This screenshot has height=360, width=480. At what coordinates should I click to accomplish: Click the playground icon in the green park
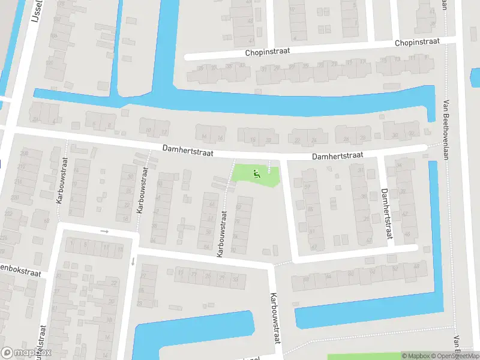[x=257, y=175]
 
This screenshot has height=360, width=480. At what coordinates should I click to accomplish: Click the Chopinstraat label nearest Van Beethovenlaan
[x=417, y=43]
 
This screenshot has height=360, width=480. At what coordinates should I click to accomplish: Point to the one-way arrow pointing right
[x=104, y=231]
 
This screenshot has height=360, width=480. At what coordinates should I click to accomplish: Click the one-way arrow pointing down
[x=133, y=261]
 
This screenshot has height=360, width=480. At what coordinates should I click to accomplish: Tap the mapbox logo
[x=26, y=353]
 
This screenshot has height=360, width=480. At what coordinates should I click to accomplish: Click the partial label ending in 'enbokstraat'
[x=22, y=273]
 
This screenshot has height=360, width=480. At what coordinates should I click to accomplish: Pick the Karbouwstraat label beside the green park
[x=223, y=233]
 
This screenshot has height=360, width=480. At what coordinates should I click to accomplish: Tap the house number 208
[x=23, y=154]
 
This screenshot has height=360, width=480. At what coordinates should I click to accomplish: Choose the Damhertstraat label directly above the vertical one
[x=337, y=156]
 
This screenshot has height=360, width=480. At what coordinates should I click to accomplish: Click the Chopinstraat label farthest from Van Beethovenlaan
[x=267, y=52]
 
